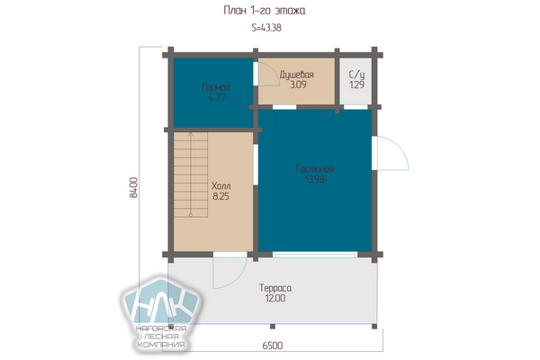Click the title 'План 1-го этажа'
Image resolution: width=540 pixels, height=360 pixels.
264,11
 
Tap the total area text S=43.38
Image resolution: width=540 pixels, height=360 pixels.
266,28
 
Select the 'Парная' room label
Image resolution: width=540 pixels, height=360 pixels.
216,86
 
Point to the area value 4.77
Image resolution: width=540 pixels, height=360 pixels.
217,97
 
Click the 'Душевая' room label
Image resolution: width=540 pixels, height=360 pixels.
296,75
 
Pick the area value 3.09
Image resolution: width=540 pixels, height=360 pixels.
298,85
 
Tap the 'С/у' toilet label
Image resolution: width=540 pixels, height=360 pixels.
356,75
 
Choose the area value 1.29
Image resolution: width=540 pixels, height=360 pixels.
356,85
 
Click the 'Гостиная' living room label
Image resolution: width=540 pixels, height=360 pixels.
314,169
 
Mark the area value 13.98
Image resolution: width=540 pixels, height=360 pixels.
315,179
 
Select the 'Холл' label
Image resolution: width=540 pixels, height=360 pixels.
220,186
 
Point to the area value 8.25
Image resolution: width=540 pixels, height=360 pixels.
220,196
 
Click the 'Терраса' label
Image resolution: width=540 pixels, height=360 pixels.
275,288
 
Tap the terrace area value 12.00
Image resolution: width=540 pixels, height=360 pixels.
275,298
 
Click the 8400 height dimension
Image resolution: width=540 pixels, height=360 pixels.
133,187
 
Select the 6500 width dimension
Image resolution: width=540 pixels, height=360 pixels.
273,346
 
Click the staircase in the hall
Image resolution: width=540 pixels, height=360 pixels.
191,175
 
